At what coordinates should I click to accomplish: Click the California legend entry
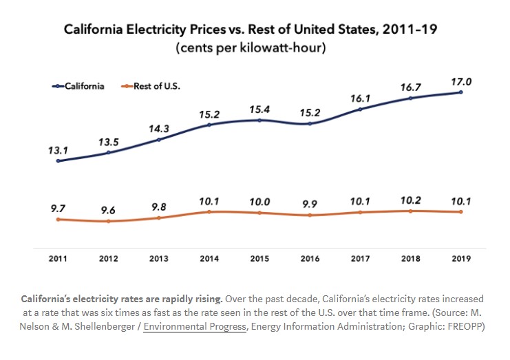click(78, 86)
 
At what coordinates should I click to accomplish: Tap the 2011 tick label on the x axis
click(58, 259)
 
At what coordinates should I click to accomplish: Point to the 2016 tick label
click(310, 259)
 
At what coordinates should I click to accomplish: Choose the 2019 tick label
click(461, 259)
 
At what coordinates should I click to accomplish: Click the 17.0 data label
click(461, 82)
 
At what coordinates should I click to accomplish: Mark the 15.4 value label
click(259, 109)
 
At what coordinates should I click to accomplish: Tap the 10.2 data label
click(411, 202)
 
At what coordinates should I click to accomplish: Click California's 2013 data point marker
click(159, 140)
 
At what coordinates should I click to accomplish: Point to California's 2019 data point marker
click(461, 92)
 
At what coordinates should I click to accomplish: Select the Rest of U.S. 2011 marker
click(58, 220)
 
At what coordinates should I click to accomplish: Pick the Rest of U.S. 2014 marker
click(209, 212)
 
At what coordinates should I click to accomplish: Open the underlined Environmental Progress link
click(194, 326)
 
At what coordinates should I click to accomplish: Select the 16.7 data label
click(411, 88)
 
